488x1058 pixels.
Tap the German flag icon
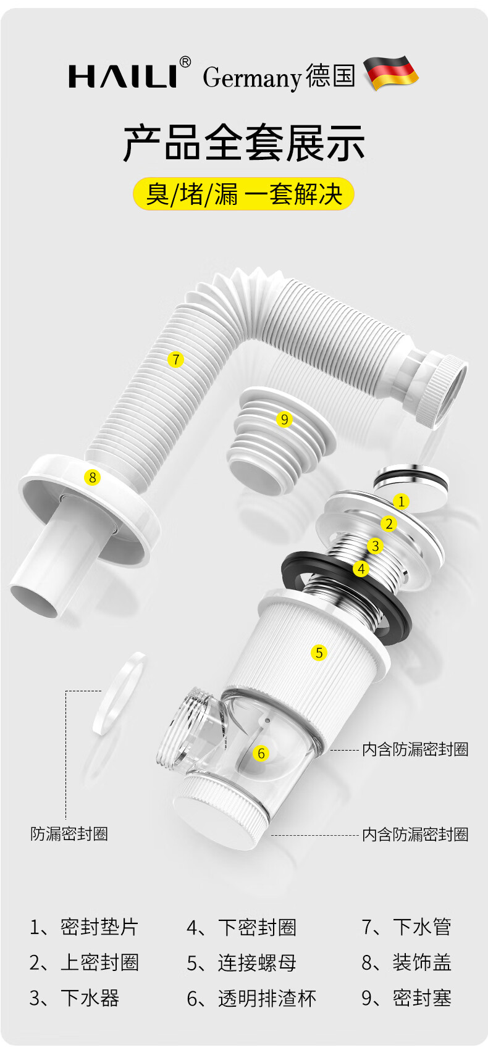pos(391,72)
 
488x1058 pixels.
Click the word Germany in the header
pos(252,77)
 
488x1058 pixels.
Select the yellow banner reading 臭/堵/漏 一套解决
pos(243,194)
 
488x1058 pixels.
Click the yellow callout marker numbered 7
pos(176,359)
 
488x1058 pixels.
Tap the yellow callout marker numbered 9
pos(284,419)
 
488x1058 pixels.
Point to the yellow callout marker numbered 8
pos(92,478)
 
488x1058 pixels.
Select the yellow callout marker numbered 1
pos(402,501)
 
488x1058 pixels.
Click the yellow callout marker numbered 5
pos(319,652)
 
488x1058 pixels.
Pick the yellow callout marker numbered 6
pos(261,753)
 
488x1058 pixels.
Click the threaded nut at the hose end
pos(442,391)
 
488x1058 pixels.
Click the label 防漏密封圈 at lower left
pos(69,834)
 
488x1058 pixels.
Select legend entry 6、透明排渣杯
pos(251,999)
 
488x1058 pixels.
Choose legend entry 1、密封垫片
pos(83,927)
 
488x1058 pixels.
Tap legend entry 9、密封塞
pos(406,999)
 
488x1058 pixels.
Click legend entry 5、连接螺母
pos(242,963)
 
